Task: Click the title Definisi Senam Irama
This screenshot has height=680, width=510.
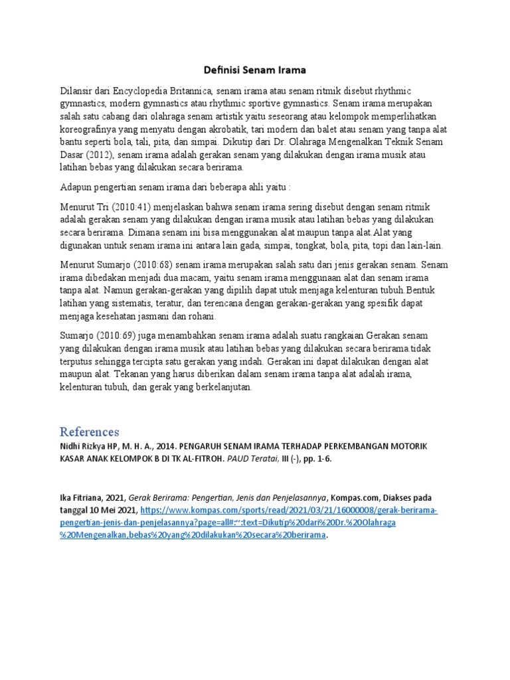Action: [254, 69]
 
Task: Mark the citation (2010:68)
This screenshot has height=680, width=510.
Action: [153, 264]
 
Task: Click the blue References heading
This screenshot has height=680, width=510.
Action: [89, 432]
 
